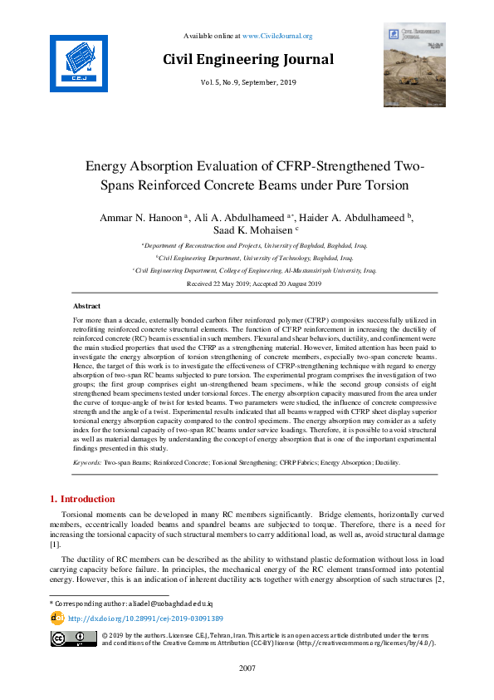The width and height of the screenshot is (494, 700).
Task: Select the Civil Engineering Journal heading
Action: pyautogui.click(x=247, y=59)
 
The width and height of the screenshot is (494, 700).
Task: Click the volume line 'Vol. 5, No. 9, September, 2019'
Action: pyautogui.click(x=247, y=83)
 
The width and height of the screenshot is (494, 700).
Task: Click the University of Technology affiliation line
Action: pyautogui.click(x=247, y=259)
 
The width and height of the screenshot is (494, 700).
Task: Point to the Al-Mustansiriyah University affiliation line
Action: pyautogui.click(x=247, y=270)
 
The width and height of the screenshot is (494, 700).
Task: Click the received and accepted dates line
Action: pyautogui.click(x=247, y=283)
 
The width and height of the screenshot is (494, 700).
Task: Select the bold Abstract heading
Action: pyautogui.click(x=87, y=306)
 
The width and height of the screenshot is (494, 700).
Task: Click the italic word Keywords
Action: pyautogui.click(x=87, y=461)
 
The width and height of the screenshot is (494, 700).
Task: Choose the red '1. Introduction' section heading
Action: pyautogui.click(x=83, y=499)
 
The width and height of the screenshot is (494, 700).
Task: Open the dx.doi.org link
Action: pyautogui.click(x=145, y=619)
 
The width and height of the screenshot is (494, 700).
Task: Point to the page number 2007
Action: pyautogui.click(x=247, y=668)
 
